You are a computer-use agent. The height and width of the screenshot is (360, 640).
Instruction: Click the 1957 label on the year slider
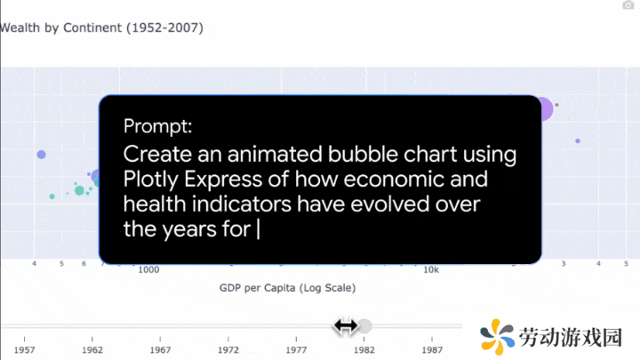click(24, 350)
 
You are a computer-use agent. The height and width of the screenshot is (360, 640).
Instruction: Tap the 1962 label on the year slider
click(92, 350)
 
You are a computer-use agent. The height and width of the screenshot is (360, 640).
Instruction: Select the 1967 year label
click(160, 350)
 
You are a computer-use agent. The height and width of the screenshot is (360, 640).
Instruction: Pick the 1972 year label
click(228, 350)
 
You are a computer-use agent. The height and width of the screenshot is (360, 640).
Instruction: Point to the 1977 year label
click(296, 350)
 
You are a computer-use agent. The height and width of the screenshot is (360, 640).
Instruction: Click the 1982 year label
click(364, 350)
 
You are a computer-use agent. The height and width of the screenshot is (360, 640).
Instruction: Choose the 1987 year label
click(432, 350)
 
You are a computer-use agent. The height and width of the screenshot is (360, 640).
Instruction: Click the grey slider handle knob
click(364, 326)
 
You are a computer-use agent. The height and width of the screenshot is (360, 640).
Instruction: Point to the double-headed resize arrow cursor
click(346, 326)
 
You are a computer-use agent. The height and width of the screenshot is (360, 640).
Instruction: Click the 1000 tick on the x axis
click(148, 270)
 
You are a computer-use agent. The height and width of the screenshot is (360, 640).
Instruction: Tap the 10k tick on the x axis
click(431, 270)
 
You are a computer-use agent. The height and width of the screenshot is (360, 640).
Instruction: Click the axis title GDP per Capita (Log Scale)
click(287, 288)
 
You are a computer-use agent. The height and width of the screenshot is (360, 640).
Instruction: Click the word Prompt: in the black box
click(157, 125)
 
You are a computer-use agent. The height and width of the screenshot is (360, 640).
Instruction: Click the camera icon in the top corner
click(628, 5)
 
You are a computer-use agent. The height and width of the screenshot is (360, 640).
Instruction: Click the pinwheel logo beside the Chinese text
click(497, 337)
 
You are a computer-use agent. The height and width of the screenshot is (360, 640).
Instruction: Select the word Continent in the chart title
click(92, 28)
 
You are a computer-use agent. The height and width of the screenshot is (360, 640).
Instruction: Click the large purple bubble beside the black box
click(545, 109)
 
